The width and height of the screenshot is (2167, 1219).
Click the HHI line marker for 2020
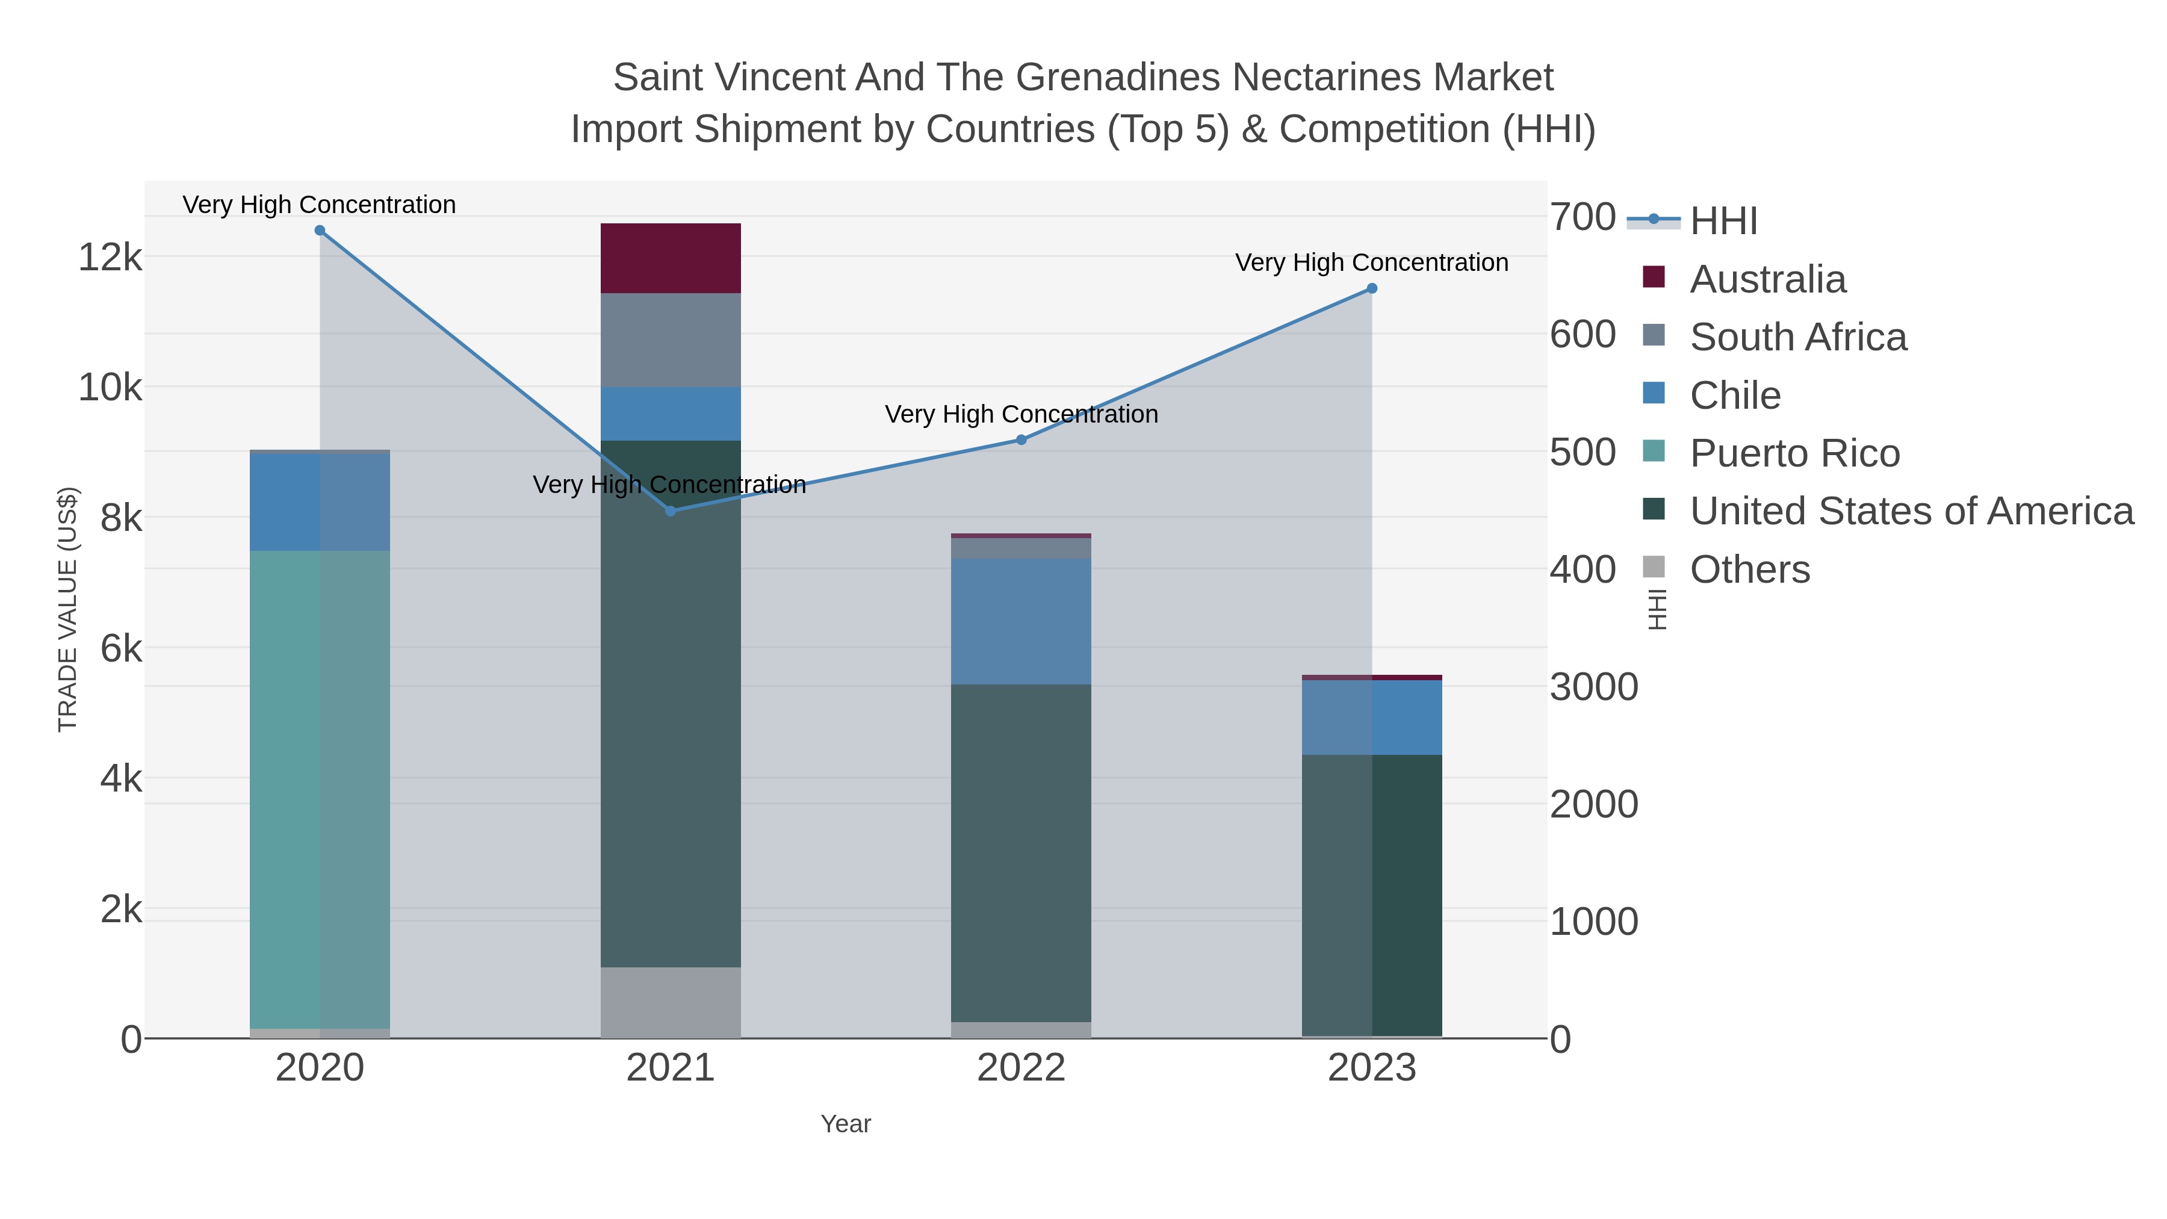[320, 231]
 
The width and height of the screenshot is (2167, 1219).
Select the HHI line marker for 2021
[671, 510]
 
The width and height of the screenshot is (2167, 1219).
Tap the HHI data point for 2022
[1021, 440]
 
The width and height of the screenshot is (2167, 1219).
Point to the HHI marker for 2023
[1372, 288]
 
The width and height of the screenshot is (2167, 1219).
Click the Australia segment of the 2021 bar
[671, 258]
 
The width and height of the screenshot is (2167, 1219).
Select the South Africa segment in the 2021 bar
[671, 341]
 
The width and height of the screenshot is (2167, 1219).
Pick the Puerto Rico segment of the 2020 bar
[320, 790]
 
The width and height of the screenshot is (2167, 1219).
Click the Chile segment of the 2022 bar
[1021, 622]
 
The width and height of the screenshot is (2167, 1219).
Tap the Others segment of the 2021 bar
[671, 1003]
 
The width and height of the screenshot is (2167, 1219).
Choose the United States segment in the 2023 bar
[1372, 895]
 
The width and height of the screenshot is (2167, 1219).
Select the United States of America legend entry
[1888, 512]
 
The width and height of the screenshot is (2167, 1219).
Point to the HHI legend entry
[1693, 220]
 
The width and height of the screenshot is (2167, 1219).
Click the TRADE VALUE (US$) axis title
[68, 609]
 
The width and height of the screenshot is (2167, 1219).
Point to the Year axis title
[846, 1124]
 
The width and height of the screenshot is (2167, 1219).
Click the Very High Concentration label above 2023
[1372, 262]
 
